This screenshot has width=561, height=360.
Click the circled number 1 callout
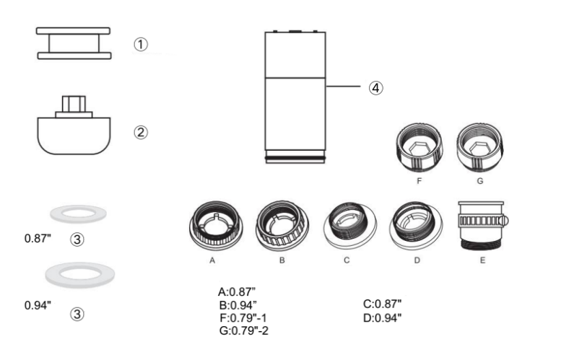coord(141,45)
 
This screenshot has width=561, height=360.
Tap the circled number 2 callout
coord(141,132)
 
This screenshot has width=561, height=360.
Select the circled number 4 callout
coord(375,87)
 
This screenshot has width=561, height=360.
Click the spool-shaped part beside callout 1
coord(74,43)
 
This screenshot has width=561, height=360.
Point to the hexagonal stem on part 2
coord(74,104)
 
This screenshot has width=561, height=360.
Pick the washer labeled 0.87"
coord(79,214)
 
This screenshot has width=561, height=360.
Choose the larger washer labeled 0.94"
coord(80,275)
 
